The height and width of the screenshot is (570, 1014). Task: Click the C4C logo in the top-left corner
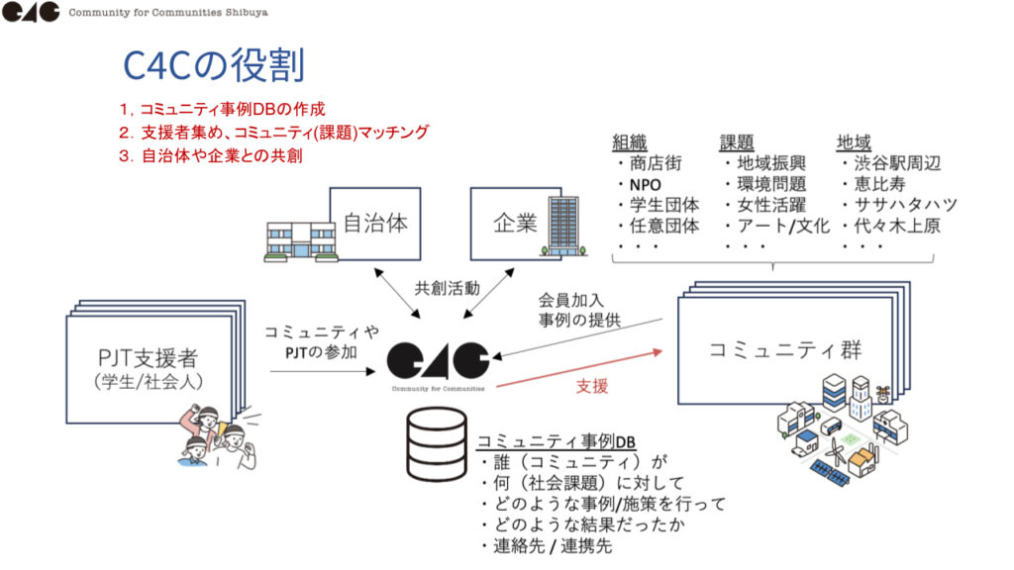pos(30,13)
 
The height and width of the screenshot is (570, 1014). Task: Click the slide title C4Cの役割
pos(213,65)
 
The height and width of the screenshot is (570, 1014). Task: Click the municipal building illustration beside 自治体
pos(299,237)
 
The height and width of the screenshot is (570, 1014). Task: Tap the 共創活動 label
pos(447,289)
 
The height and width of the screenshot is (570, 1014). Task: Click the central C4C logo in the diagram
pos(438,362)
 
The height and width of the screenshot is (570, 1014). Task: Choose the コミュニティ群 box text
pos(785,349)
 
